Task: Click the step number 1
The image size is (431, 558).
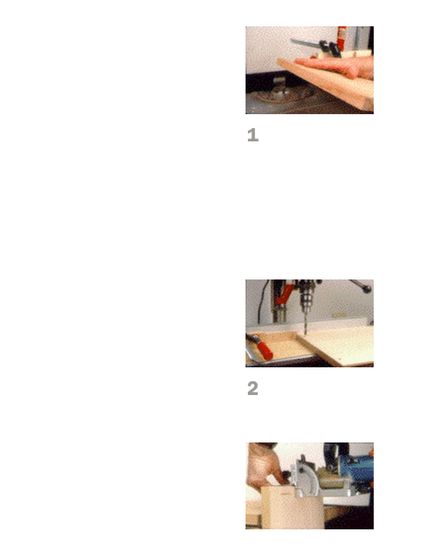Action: (x=253, y=135)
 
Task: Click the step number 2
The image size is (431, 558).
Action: (x=253, y=388)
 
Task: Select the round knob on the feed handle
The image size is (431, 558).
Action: (x=366, y=287)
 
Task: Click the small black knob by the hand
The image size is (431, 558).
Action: (x=285, y=474)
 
